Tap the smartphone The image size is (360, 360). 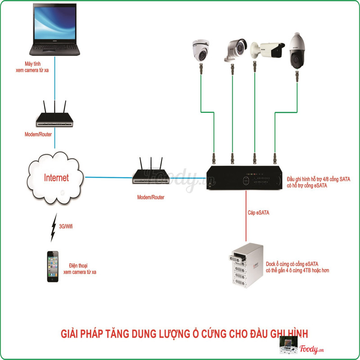point(53,266)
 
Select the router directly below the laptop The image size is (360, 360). point(54,117)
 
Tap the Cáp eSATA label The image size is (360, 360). point(258,212)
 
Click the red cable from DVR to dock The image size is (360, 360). point(246,220)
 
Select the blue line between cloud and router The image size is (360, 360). point(108,177)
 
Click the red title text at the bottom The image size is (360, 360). point(184,333)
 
